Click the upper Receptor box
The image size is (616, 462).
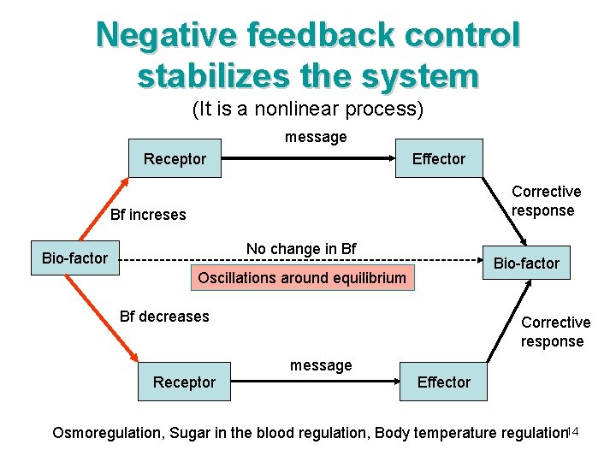pyautogui.click(x=175, y=158)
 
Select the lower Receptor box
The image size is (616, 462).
pyautogui.click(x=184, y=382)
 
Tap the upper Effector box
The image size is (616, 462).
pyautogui.click(x=438, y=158)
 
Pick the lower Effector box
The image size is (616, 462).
pyautogui.click(x=443, y=382)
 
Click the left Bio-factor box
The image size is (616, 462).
pyautogui.click(x=75, y=258)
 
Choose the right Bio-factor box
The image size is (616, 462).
pyautogui.click(x=526, y=264)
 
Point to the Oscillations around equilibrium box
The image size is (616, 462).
pyautogui.click(x=302, y=278)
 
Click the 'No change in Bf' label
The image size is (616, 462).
pyautogui.click(x=301, y=249)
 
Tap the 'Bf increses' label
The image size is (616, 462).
pyautogui.click(x=148, y=215)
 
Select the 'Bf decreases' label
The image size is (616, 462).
pyautogui.click(x=164, y=317)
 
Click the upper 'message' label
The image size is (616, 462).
pyautogui.click(x=316, y=137)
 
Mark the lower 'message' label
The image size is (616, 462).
pyautogui.click(x=321, y=365)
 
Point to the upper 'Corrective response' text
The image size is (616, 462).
pyautogui.click(x=546, y=201)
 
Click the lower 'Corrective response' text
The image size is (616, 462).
pyautogui.click(x=555, y=332)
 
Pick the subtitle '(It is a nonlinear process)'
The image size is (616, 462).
pyautogui.click(x=308, y=110)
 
